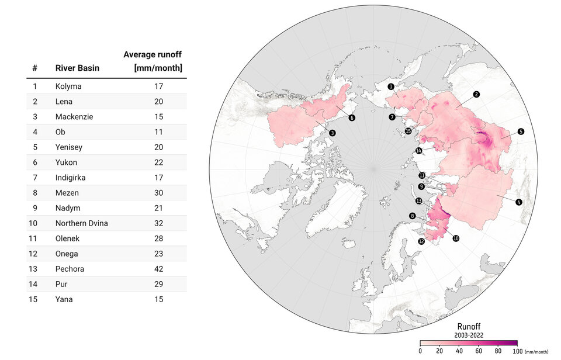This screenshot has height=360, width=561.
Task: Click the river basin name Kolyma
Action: click(68, 86)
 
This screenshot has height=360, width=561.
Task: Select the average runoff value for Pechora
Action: click(158, 269)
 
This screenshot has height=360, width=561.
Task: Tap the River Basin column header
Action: click(77, 68)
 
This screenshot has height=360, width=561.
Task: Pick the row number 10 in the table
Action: click(35, 223)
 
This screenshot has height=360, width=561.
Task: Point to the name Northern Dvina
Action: click(81, 223)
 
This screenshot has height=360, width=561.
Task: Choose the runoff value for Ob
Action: click(158, 132)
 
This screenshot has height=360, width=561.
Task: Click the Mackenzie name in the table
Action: click(74, 117)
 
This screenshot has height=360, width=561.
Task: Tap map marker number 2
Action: click(476, 94)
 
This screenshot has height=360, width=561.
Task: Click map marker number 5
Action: click(521, 132)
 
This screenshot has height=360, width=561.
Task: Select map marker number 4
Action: click(519, 202)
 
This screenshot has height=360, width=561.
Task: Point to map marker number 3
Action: click(332, 133)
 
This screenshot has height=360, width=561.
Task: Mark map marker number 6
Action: click(352, 117)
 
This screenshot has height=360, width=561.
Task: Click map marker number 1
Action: click(390, 86)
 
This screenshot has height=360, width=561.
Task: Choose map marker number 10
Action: click(456, 238)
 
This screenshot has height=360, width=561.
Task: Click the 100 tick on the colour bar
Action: click(517, 351)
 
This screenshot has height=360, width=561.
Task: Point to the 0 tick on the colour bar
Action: click(420, 351)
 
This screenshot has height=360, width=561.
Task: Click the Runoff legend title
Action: click(469, 326)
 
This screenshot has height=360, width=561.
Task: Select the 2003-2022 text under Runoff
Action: click(469, 335)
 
